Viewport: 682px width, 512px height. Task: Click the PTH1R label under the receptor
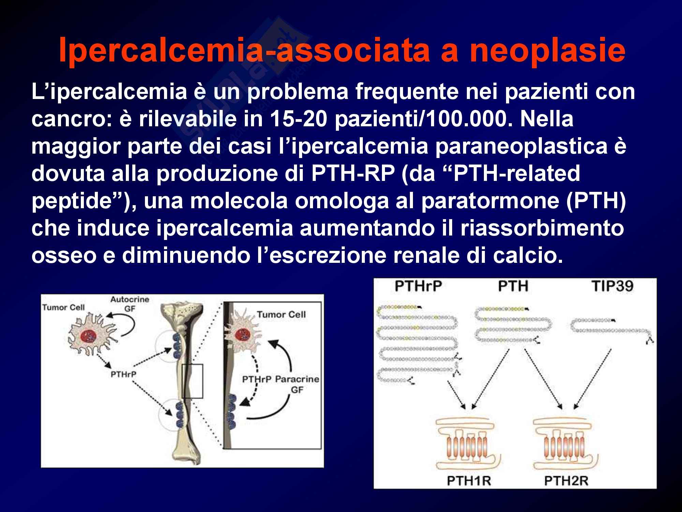[469, 481]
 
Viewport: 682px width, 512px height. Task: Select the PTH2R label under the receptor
[566, 481]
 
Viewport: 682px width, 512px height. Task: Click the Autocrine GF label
[130, 304]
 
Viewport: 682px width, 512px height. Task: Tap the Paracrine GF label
[297, 384]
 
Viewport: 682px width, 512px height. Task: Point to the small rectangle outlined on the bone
[192, 381]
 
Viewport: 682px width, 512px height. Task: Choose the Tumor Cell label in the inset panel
[281, 314]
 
